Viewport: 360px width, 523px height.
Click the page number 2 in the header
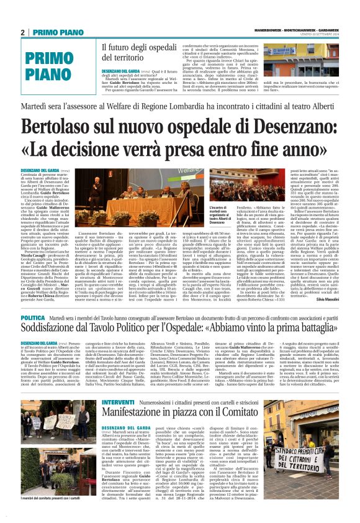22,32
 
